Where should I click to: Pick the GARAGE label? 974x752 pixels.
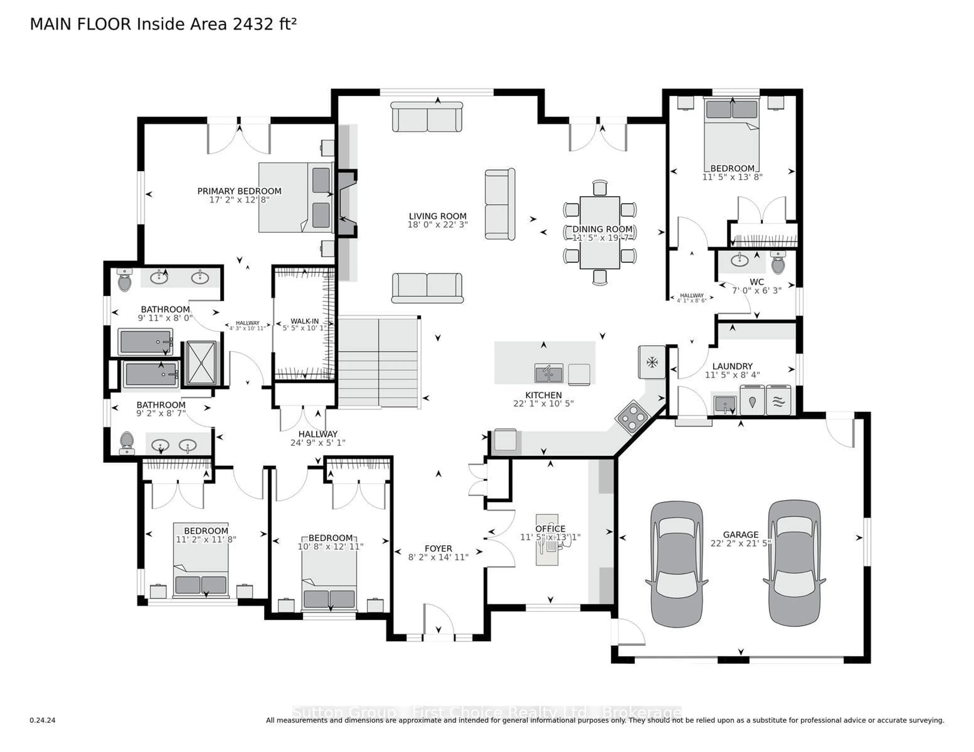pyautogui.click(x=740, y=535)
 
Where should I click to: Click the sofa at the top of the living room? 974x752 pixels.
pyautogui.click(x=427, y=117)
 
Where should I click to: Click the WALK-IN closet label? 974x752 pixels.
pyautogui.click(x=305, y=321)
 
